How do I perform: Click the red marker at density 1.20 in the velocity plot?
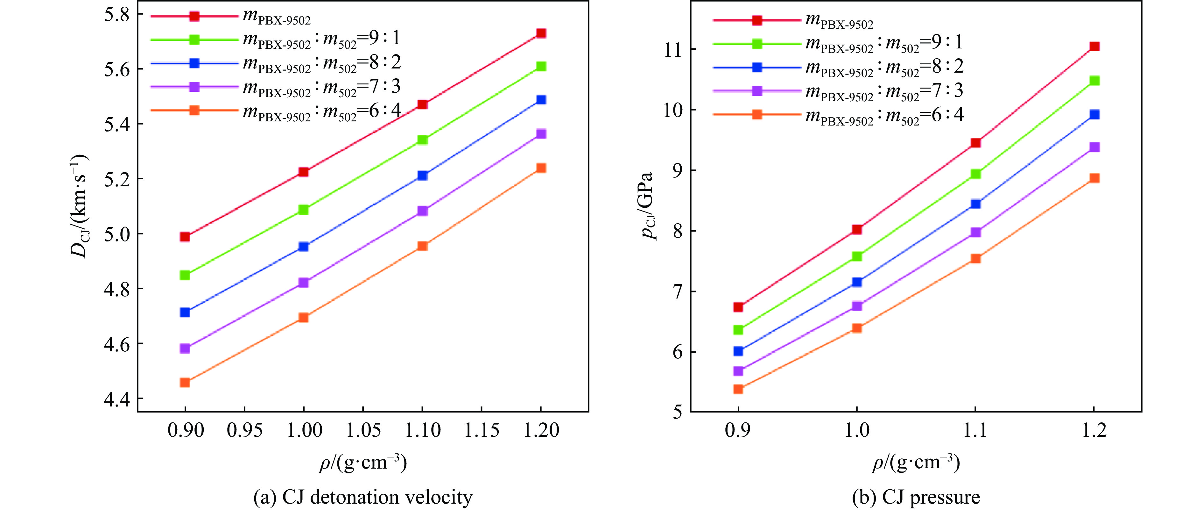[x=541, y=33]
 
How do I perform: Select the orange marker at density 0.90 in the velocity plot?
[x=185, y=382]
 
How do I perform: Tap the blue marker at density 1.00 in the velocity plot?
[x=304, y=246]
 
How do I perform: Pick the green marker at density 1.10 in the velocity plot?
[x=422, y=140]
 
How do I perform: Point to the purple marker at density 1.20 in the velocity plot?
[x=541, y=134]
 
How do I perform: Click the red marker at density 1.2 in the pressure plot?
[x=1094, y=46]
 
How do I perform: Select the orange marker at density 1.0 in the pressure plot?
[x=856, y=328]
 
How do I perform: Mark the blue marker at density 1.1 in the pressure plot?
[x=975, y=204]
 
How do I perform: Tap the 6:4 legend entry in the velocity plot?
[x=322, y=111]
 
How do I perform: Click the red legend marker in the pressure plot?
[x=757, y=20]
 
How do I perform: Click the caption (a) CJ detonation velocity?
[x=363, y=497]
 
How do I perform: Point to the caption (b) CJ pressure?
[x=916, y=497]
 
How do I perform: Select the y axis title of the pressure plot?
[x=649, y=206]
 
